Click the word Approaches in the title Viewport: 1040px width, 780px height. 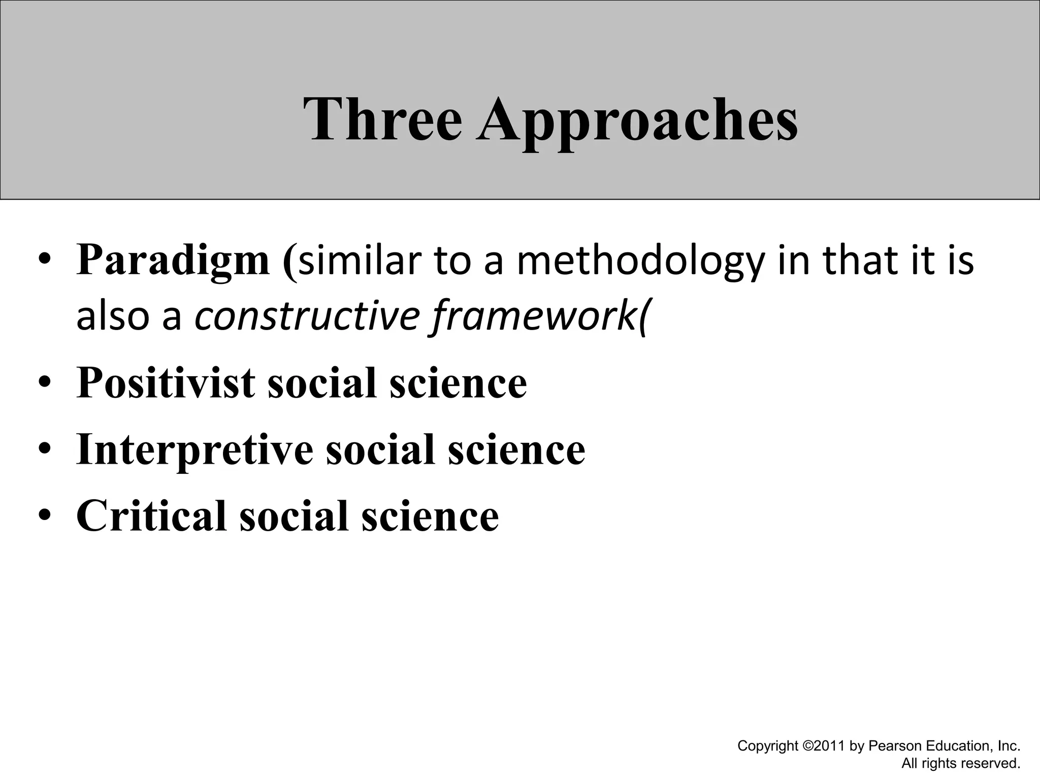click(637, 122)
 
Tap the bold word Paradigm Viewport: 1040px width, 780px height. click(173, 261)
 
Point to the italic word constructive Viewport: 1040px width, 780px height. click(307, 316)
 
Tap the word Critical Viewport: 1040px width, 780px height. click(151, 516)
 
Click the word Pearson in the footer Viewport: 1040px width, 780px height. click(895, 746)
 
